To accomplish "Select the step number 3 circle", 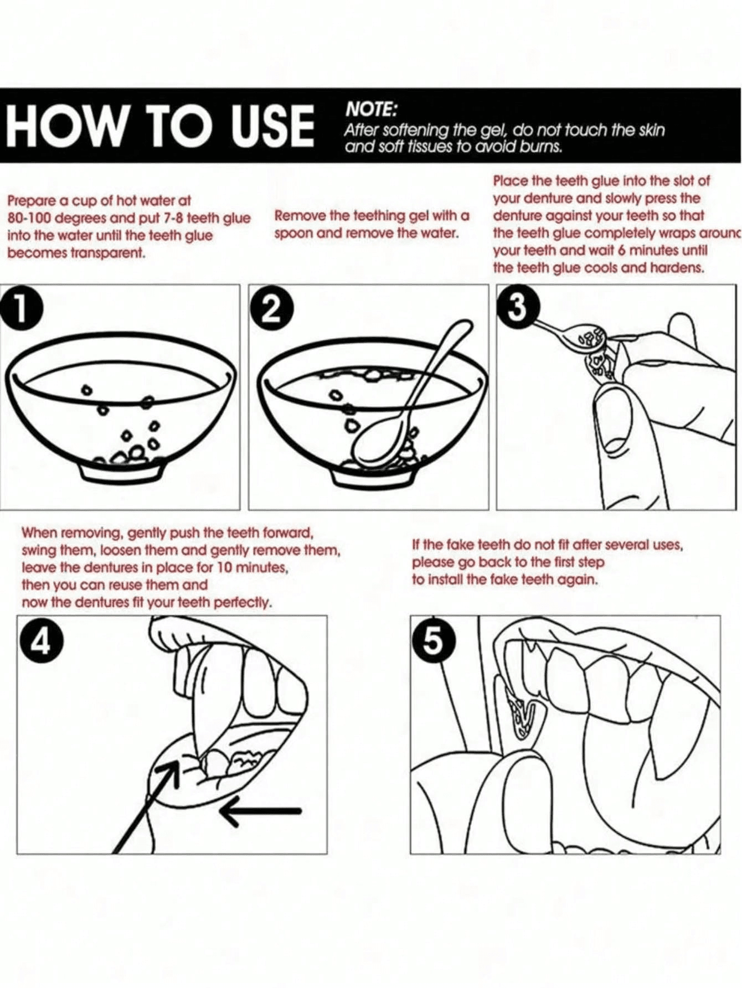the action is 518,307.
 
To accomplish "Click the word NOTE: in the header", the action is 371,110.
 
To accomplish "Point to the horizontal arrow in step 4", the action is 260,811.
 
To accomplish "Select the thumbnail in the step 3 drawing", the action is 609,401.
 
